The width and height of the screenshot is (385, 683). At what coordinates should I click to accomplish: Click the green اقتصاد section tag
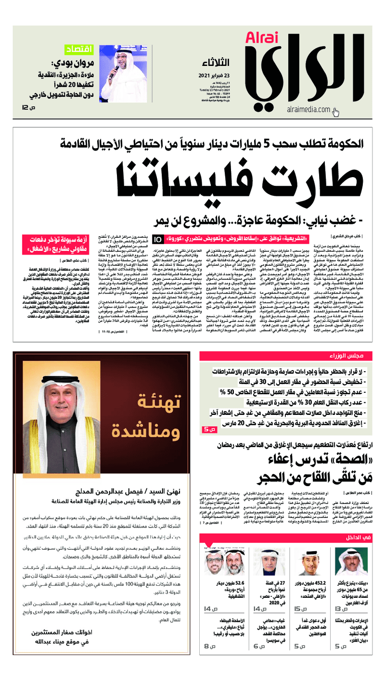click(78, 50)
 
